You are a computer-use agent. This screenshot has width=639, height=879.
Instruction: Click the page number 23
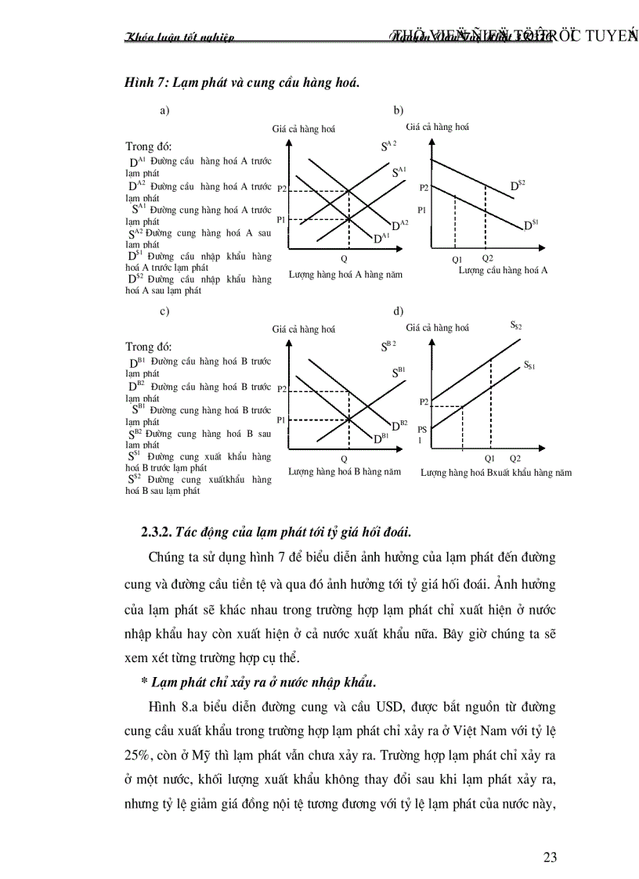[550, 856]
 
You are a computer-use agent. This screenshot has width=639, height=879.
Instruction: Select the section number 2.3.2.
[156, 531]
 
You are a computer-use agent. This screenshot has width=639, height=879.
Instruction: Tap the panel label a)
[165, 111]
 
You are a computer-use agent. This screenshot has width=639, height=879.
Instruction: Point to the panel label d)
[399, 311]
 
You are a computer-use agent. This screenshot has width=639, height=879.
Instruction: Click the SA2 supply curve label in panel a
[389, 145]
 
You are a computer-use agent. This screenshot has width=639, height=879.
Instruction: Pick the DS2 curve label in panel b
[518, 185]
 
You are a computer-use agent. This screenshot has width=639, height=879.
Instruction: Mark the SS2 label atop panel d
[516, 324]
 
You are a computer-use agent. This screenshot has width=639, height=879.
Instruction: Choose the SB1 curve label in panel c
[399, 372]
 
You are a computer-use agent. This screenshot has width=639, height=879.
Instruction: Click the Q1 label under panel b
[457, 258]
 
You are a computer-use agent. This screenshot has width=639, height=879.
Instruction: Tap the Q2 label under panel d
[514, 457]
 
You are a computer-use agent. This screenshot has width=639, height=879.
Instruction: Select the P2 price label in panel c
[282, 389]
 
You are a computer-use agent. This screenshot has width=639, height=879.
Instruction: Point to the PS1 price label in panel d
[422, 434]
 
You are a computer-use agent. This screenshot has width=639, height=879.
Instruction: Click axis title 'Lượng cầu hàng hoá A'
[503, 270]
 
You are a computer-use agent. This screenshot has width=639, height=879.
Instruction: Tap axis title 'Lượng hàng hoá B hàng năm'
[345, 472]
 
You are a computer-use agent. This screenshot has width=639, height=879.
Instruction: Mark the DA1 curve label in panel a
[381, 238]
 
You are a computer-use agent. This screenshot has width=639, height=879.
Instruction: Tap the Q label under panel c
[343, 458]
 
